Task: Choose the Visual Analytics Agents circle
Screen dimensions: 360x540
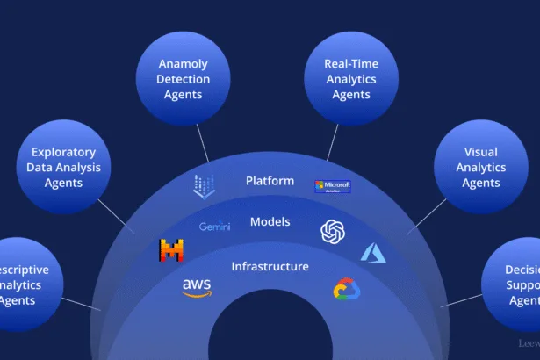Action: [480, 167]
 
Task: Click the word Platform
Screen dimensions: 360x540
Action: [270, 181]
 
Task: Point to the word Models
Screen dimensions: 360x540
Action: [270, 221]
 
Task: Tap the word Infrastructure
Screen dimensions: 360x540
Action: [270, 266]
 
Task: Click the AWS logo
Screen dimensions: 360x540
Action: [197, 287]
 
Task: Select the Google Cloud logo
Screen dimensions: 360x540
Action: [348, 289]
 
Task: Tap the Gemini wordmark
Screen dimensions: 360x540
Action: [214, 227]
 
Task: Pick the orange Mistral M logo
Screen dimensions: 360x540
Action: [171, 250]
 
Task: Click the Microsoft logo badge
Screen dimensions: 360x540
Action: [333, 186]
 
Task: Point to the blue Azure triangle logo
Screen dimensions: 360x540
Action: [373, 253]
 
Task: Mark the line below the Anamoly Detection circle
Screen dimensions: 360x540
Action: [202, 141]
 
